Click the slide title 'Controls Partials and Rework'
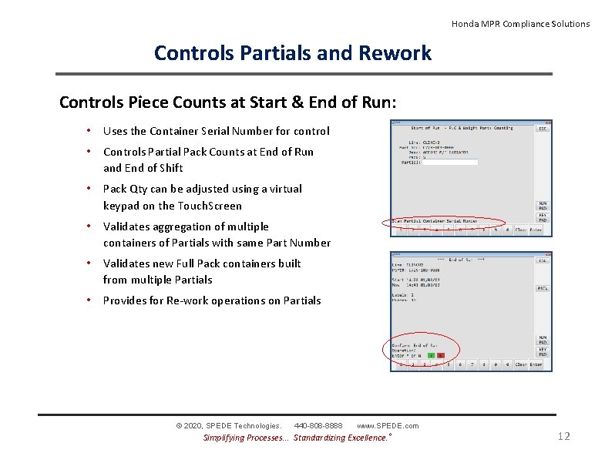pos(293,52)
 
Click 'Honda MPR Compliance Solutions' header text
pos(520,24)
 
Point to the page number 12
pos(563,436)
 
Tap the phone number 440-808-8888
pos(318,425)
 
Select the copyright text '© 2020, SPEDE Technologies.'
pos(229,425)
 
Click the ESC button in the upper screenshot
pos(543,129)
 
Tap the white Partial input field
pos(451,162)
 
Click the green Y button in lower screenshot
pos(432,355)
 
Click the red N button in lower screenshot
pos(441,355)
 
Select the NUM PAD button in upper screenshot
pos(543,206)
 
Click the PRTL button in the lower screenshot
pos(543,287)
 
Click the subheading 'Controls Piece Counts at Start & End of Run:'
pos(228,102)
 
